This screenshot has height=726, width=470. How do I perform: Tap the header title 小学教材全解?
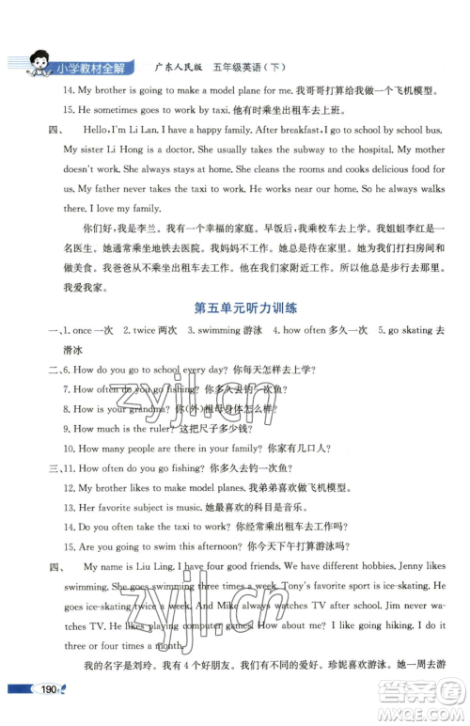90,68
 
